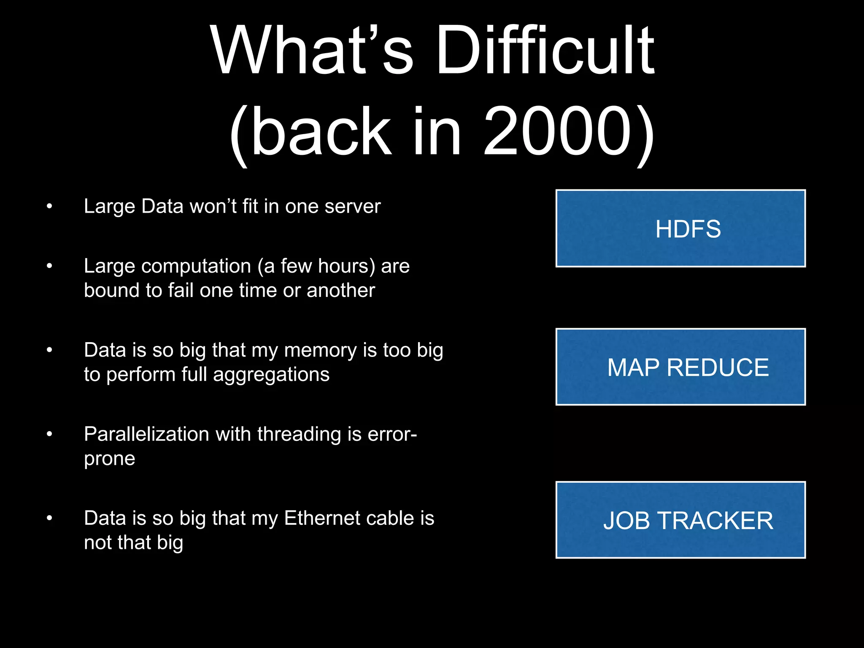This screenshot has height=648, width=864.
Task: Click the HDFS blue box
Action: (680, 228)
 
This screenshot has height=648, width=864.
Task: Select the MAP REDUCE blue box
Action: (680, 367)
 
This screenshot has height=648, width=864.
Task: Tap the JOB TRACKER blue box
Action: (680, 520)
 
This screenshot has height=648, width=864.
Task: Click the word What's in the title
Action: (312, 51)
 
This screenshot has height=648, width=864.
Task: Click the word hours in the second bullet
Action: (346, 266)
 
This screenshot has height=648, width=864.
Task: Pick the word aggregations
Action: (271, 375)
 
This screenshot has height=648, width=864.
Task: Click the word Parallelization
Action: (146, 434)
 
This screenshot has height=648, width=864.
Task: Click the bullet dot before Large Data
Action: (49, 207)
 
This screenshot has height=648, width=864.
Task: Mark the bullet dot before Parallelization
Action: (49, 434)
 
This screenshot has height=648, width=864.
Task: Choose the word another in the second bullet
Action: (341, 290)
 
